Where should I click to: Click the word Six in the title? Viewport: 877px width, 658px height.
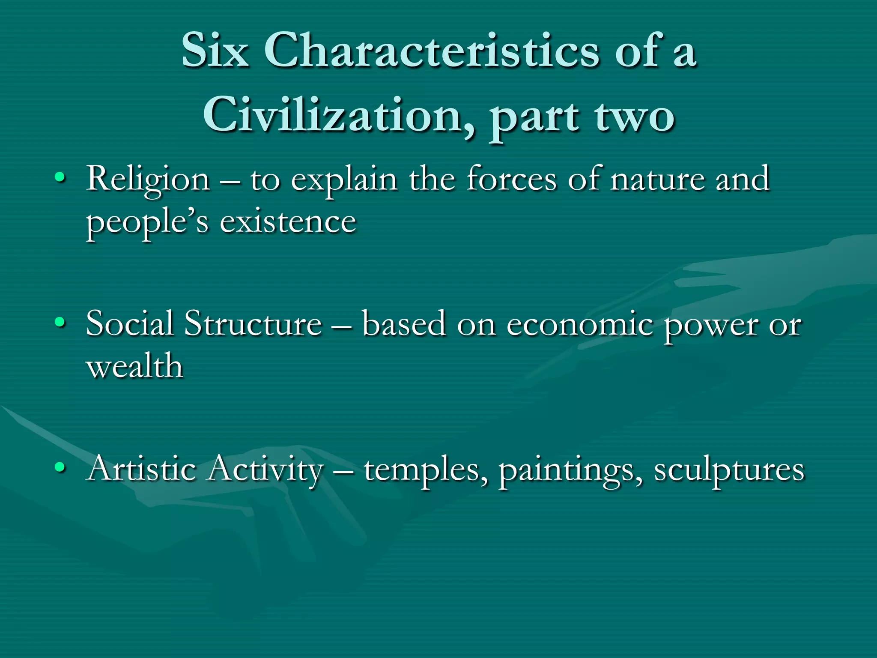215,51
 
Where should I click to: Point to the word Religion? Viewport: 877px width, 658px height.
148,179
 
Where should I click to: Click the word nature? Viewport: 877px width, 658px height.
657,179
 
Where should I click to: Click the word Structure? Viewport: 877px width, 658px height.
253,323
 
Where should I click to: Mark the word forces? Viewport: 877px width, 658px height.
512,179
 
